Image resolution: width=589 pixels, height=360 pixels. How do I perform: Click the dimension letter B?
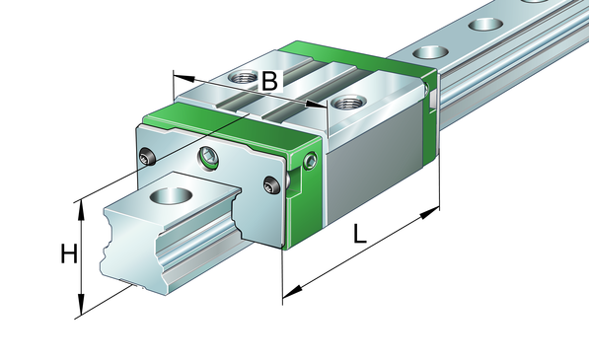269,81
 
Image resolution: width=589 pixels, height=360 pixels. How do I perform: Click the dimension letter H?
69,253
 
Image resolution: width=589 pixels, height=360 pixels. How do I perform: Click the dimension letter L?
359,234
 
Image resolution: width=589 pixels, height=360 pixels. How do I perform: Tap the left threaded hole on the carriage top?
243,78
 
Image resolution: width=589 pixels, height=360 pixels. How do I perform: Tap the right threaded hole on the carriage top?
349,102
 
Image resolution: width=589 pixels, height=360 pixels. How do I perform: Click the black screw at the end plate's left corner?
148,157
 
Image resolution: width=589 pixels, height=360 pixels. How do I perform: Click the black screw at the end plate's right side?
272,184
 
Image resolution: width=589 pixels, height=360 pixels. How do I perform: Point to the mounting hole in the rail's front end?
172,195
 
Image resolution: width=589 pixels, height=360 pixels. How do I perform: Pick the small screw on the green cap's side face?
311,162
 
